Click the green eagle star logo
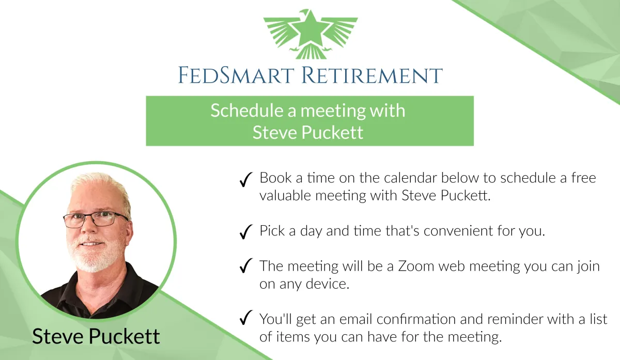pos(311,34)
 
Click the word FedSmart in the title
pos(236,75)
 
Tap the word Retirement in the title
pos(372,75)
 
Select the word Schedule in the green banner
pos(247,111)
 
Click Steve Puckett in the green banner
pos(308,132)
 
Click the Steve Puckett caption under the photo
pos(96,336)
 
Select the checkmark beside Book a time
pos(246,180)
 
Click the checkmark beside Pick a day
pos(246,231)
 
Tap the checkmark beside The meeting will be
pos(246,265)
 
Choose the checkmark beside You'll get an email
pos(246,317)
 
